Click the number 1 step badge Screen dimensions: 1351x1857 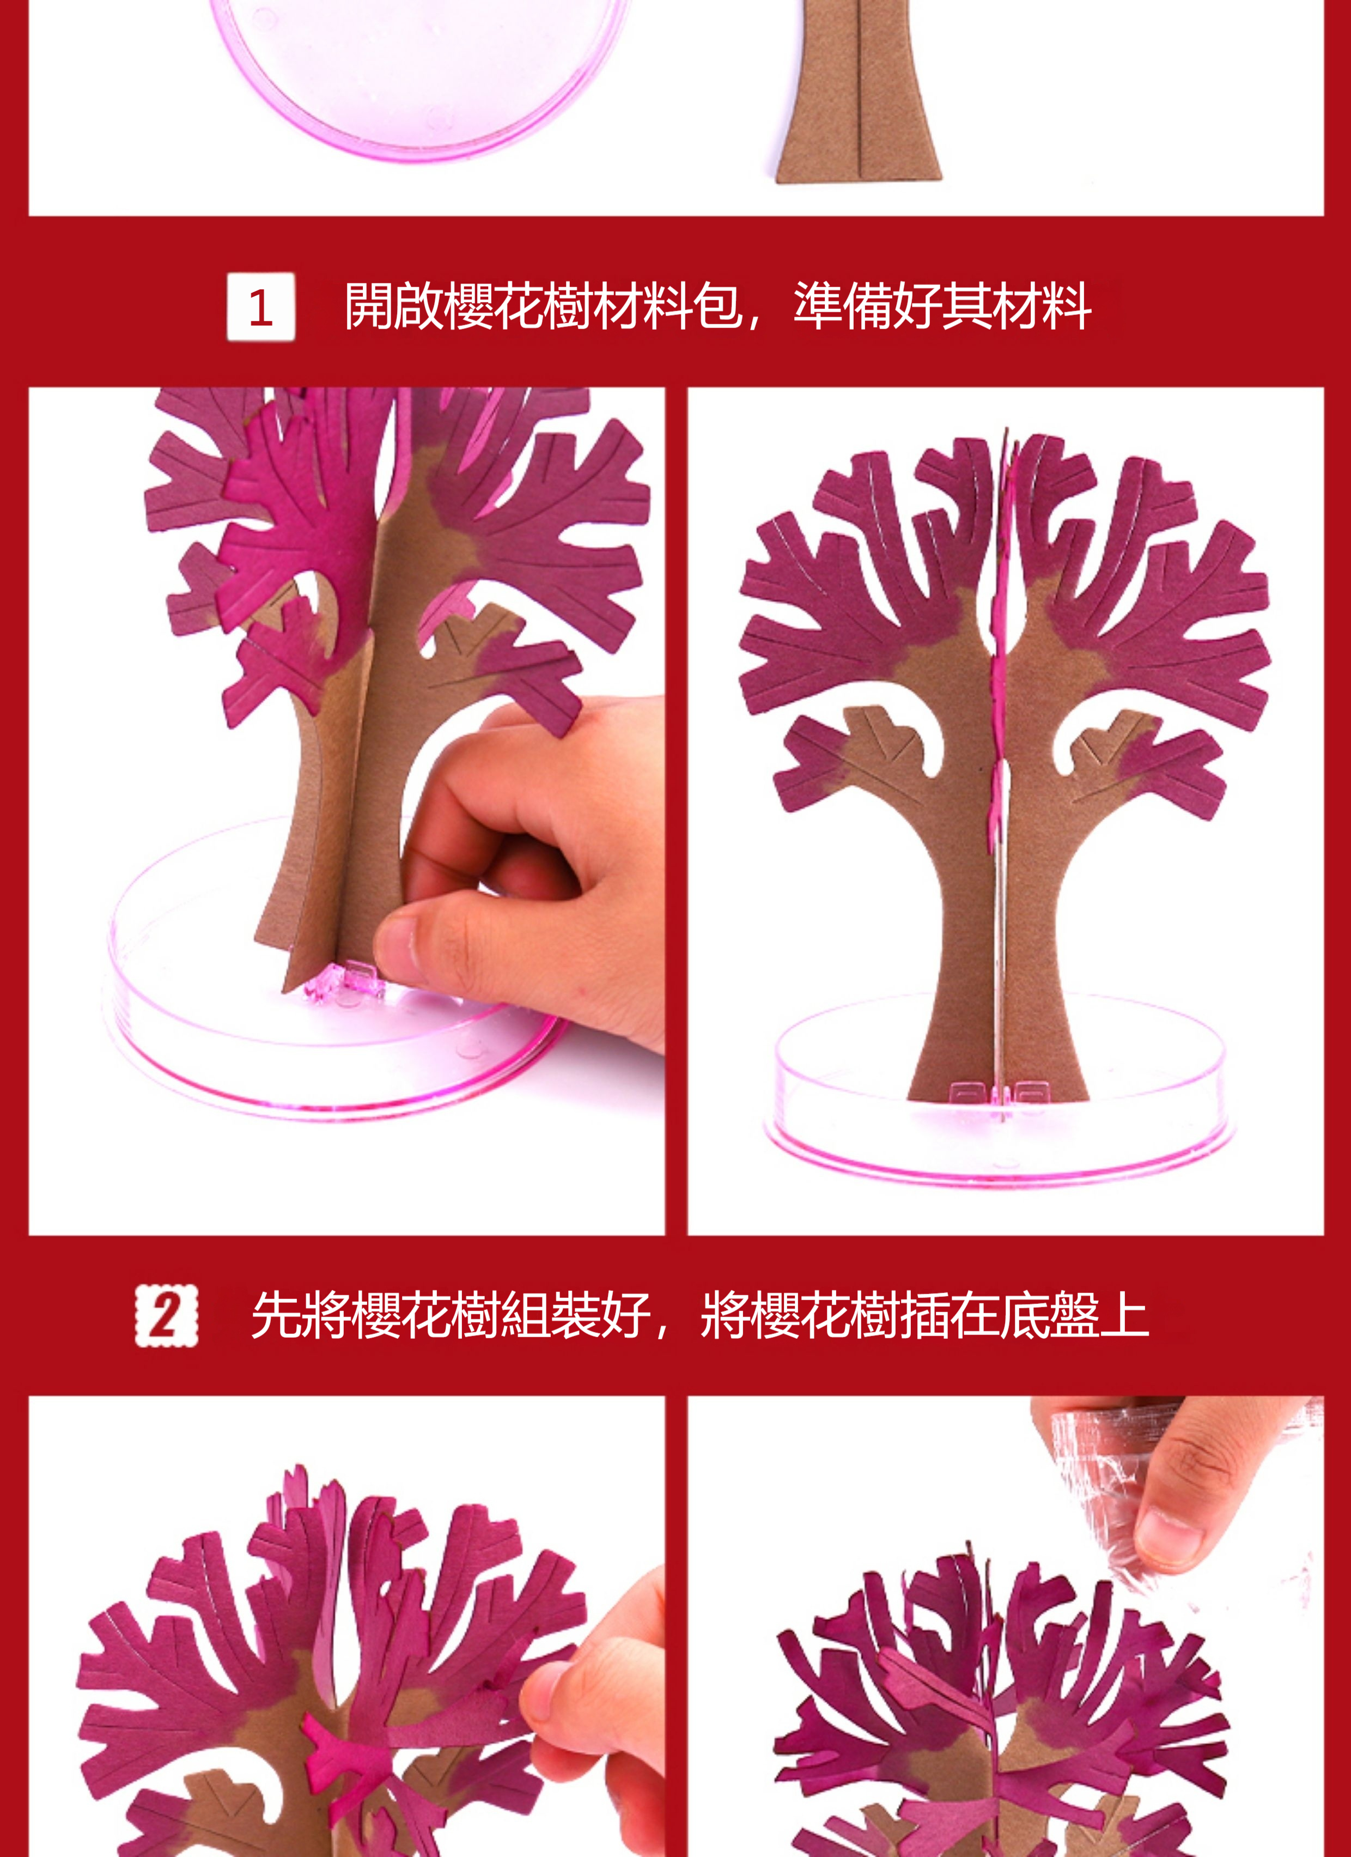point(260,307)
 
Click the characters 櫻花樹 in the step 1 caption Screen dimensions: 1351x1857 point(519,306)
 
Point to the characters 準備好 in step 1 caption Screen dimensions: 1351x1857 point(867,306)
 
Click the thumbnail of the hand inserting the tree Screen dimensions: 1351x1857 point(347,811)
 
